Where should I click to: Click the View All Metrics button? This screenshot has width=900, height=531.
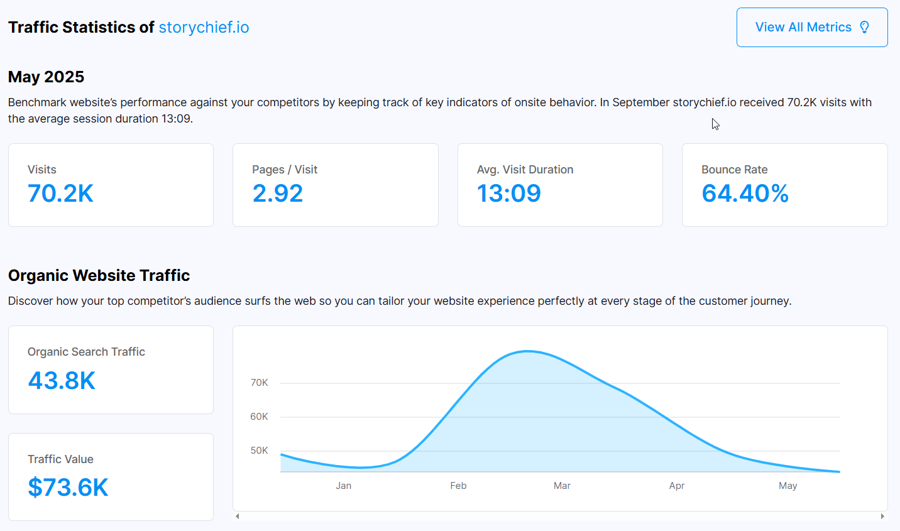(812, 27)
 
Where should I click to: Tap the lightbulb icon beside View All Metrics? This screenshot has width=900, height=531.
(865, 27)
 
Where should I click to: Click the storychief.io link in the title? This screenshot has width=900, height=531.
(204, 27)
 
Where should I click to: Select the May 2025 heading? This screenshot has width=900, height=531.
(47, 77)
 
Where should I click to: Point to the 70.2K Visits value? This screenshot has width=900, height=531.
(60, 193)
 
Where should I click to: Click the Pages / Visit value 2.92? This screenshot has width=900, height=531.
(278, 193)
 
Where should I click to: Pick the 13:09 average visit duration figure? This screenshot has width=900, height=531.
(509, 193)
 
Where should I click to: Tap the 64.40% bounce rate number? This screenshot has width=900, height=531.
(745, 193)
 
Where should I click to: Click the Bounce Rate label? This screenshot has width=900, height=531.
(735, 170)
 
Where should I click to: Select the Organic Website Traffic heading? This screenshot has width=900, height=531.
(99, 275)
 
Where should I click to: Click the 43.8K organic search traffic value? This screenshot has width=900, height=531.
(62, 380)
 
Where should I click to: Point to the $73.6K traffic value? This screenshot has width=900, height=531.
(68, 487)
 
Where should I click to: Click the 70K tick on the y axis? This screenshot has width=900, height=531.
(259, 383)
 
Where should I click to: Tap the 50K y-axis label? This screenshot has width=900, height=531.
(259, 451)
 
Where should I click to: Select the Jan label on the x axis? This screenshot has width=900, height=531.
(344, 486)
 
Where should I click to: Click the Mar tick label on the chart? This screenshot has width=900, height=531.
(562, 486)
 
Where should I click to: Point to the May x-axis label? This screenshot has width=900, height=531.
(788, 486)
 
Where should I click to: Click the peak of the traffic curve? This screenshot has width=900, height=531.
(527, 351)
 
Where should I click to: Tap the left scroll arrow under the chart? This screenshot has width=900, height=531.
(238, 516)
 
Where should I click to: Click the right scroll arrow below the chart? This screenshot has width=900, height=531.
(882, 516)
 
